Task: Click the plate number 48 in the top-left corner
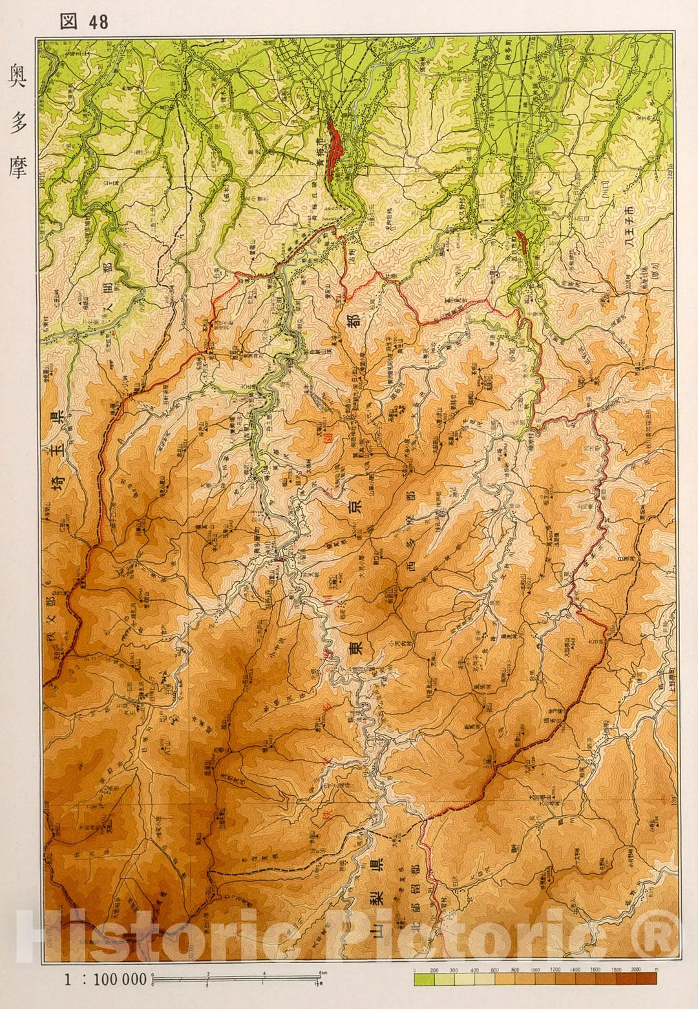[x=99, y=22]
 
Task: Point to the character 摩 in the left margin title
[x=17, y=166]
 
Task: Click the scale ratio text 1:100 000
[x=105, y=979]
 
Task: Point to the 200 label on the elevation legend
[x=434, y=970]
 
